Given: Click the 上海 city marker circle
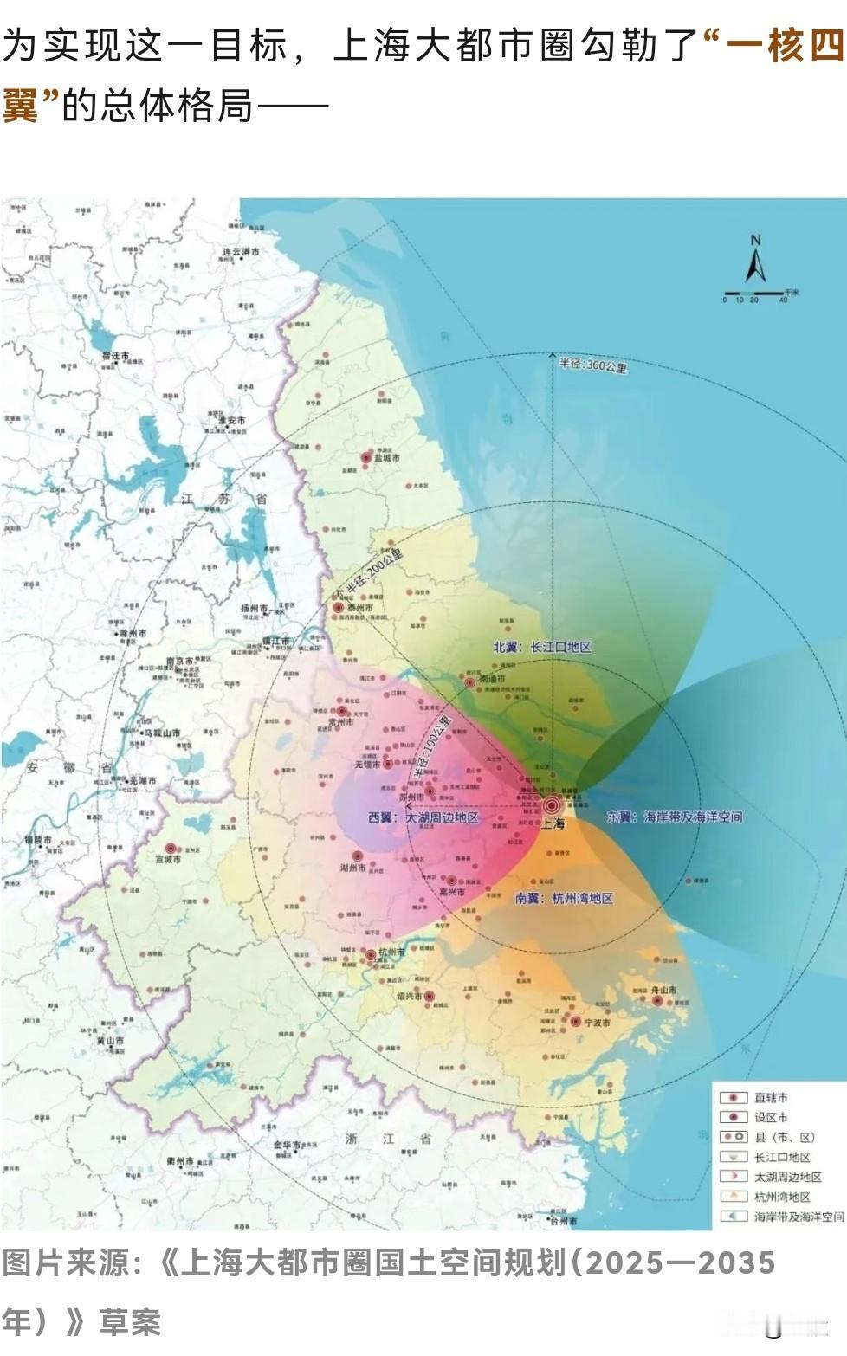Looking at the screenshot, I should (x=552, y=805).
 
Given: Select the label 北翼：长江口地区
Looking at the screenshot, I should (x=542, y=647).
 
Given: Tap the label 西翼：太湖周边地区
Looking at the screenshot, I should (x=423, y=817).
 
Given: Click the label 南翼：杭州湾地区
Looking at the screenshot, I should (x=564, y=899).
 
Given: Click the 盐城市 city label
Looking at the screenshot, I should (x=385, y=459).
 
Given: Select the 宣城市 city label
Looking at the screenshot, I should (x=168, y=860).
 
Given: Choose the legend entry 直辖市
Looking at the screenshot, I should (x=771, y=1097).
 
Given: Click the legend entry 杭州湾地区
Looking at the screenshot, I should (x=782, y=1197).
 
